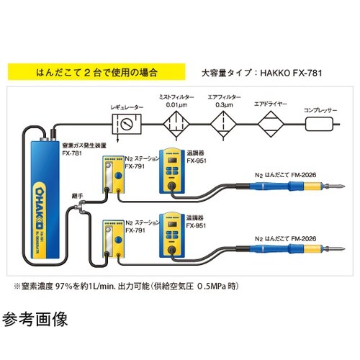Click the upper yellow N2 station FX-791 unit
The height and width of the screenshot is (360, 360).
[112, 177]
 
